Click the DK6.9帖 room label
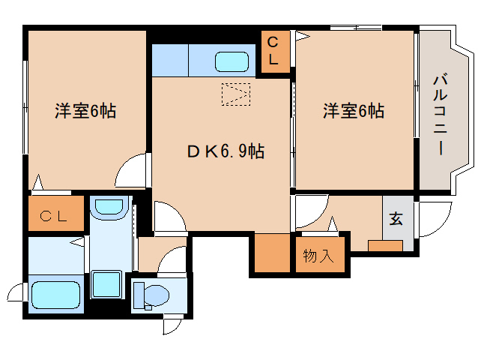(225, 151)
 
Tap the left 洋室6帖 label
(85, 112)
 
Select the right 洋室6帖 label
(354, 112)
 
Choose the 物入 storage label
(319, 256)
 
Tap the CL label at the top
(273, 52)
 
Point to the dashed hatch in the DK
(236, 94)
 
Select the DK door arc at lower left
(169, 217)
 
